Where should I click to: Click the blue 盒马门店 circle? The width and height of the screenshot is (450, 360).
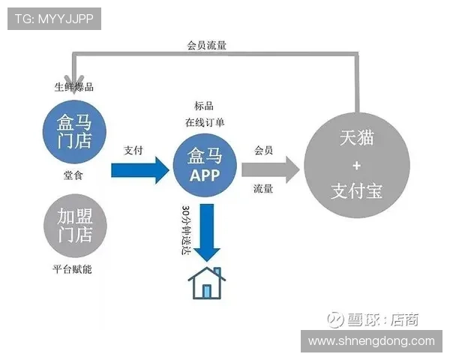(74, 132)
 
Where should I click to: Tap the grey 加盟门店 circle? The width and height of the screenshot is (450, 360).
(75, 226)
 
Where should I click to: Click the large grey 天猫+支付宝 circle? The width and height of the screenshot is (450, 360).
(357, 165)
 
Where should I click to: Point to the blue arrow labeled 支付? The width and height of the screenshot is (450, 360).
(140, 170)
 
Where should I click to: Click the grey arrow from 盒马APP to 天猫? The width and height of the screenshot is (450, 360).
(271, 170)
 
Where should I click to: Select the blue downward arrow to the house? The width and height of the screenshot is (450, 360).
(207, 232)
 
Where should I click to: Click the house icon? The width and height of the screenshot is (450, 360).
(207, 283)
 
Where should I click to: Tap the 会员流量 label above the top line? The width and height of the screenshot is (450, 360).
(207, 45)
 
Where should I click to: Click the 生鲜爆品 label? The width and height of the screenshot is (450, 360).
(74, 87)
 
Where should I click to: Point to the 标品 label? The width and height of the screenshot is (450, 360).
(204, 106)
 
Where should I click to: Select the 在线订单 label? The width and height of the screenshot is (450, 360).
(205, 122)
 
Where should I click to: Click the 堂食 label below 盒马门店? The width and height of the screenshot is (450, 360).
(73, 175)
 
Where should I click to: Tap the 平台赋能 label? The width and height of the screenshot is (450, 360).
(72, 269)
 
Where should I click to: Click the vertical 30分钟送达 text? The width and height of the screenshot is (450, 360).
(186, 230)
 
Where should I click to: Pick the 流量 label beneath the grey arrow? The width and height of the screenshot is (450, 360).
(263, 188)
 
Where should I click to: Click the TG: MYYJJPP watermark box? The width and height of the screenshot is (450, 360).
(54, 19)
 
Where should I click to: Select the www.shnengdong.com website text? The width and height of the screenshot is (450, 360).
(372, 341)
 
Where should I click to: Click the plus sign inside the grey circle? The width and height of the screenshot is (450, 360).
(357, 165)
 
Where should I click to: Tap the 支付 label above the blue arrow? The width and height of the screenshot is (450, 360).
(133, 150)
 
